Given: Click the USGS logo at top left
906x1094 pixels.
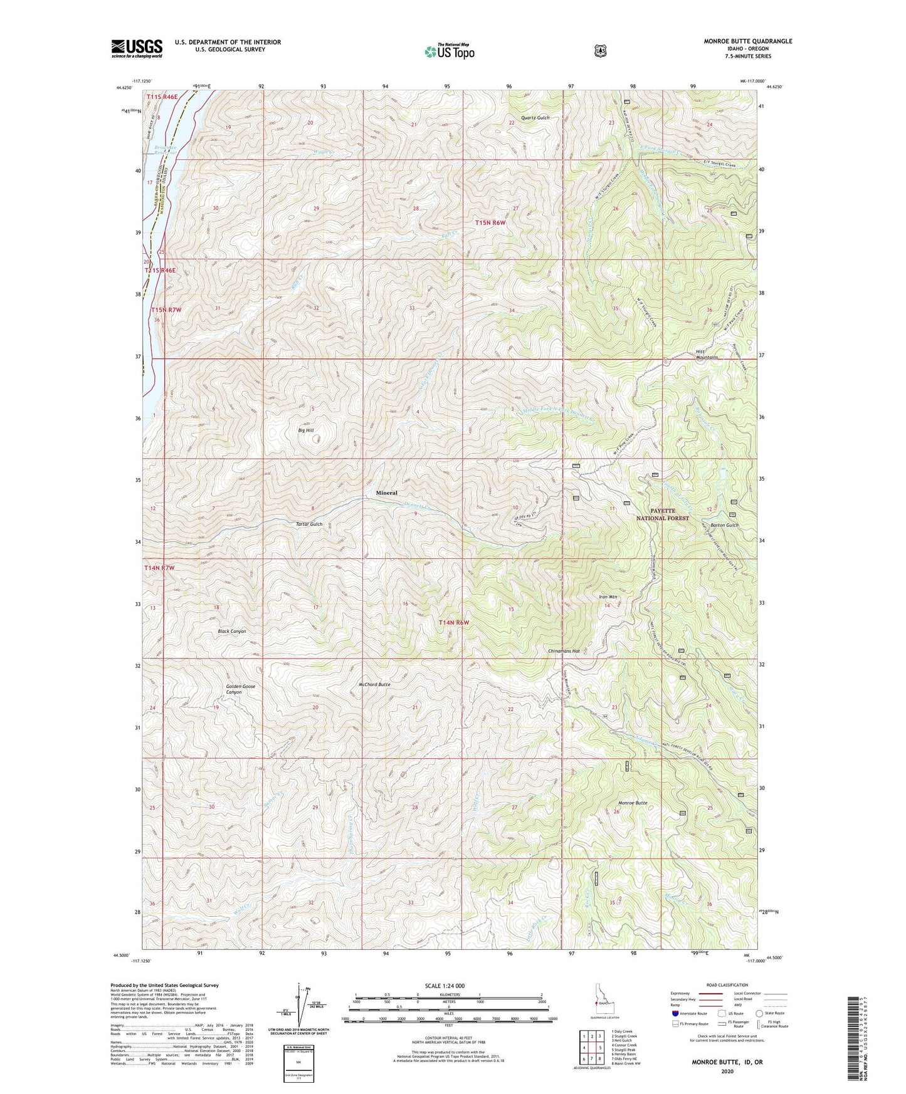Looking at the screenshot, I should click(137, 48).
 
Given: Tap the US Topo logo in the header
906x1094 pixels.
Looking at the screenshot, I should click(449, 51).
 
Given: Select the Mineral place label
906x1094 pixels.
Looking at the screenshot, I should click(386, 493).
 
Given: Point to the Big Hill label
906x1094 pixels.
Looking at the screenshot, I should click(306, 430).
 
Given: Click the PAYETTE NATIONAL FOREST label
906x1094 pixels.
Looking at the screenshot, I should click(663, 514).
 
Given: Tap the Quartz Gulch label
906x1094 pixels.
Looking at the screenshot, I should click(535, 118).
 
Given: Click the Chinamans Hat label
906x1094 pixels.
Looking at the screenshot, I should click(563, 651).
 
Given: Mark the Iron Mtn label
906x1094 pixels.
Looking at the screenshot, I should click(608, 597).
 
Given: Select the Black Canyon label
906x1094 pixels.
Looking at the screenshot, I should click(232, 631).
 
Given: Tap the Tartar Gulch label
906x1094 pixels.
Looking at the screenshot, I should click(309, 524).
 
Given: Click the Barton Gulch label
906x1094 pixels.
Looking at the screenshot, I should click(725, 525).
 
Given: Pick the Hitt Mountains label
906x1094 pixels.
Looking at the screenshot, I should click(706, 354).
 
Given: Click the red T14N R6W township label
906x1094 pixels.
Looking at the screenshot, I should click(453, 622).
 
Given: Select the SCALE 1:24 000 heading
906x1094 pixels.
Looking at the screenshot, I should click(445, 986).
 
